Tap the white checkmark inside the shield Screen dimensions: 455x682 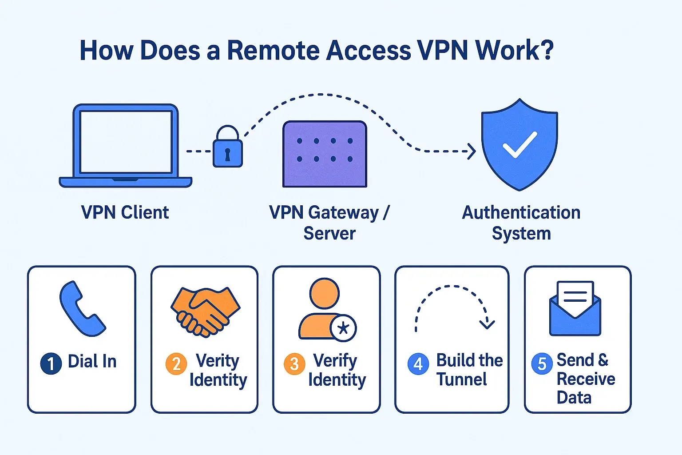click(x=519, y=145)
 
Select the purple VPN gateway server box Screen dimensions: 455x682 click(x=325, y=154)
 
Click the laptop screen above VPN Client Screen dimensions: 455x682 click(x=126, y=142)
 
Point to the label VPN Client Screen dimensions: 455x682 click(x=125, y=212)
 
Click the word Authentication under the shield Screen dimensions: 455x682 click(x=521, y=212)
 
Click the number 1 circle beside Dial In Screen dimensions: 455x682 click(x=51, y=364)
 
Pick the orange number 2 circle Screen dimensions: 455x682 click(x=176, y=364)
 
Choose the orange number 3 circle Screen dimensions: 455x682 click(x=294, y=364)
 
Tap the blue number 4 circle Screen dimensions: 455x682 click(x=418, y=364)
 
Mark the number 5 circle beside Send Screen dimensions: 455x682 click(x=542, y=364)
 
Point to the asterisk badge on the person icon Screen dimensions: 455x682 click(x=343, y=328)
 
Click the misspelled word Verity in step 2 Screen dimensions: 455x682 click(x=217, y=360)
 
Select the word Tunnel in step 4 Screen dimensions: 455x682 click(x=461, y=379)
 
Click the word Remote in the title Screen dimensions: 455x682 click(x=274, y=50)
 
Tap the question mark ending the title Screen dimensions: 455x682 click(x=547, y=50)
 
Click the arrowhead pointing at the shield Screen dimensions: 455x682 click(x=472, y=152)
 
